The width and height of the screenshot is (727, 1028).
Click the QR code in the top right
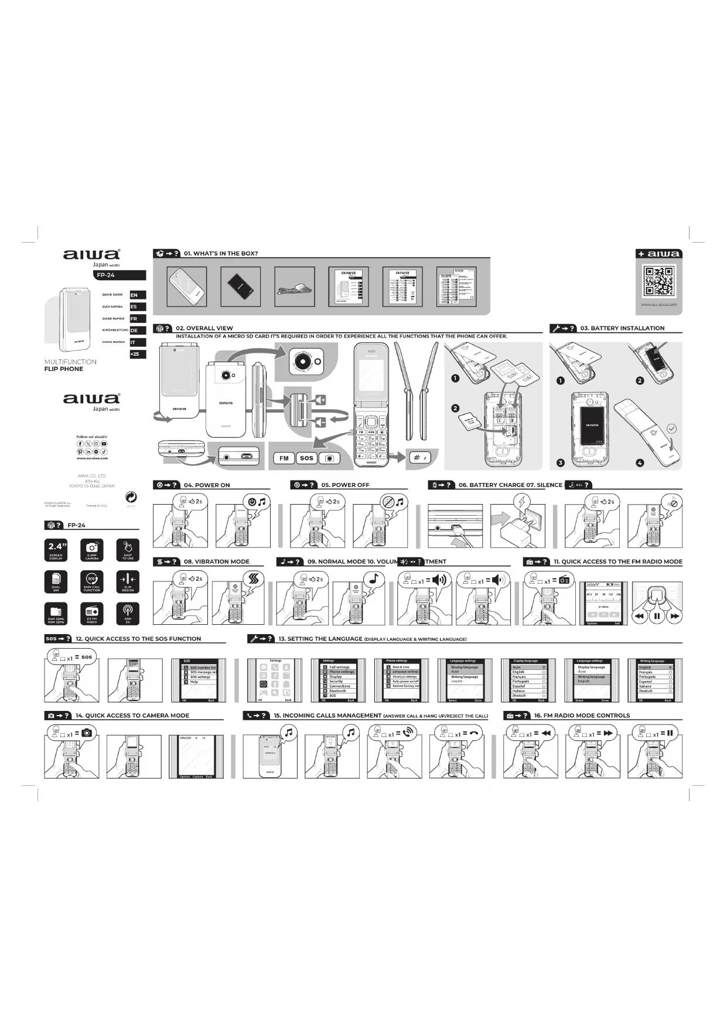(x=658, y=282)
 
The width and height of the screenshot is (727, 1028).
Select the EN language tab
(x=137, y=295)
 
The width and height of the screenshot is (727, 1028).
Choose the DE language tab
(x=137, y=331)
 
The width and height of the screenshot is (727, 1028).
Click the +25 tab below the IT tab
(x=137, y=354)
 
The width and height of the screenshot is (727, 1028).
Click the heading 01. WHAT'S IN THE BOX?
(x=221, y=253)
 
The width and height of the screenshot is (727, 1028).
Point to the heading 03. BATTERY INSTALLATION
(x=622, y=328)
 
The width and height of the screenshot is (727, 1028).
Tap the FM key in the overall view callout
(x=284, y=458)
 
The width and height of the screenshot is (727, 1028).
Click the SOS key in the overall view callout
(x=306, y=458)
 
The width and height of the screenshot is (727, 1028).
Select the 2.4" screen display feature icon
(x=56, y=550)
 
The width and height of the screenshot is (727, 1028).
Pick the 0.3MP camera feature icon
(x=92, y=550)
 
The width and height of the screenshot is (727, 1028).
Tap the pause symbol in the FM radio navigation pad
(x=657, y=616)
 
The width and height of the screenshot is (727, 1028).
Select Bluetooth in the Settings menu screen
(x=337, y=691)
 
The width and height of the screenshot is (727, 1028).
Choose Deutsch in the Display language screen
(x=520, y=696)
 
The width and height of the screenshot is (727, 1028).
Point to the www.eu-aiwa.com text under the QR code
(x=658, y=305)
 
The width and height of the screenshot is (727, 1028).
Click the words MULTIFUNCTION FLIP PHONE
(x=70, y=365)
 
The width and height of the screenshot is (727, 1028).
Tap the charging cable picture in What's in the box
(x=295, y=287)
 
